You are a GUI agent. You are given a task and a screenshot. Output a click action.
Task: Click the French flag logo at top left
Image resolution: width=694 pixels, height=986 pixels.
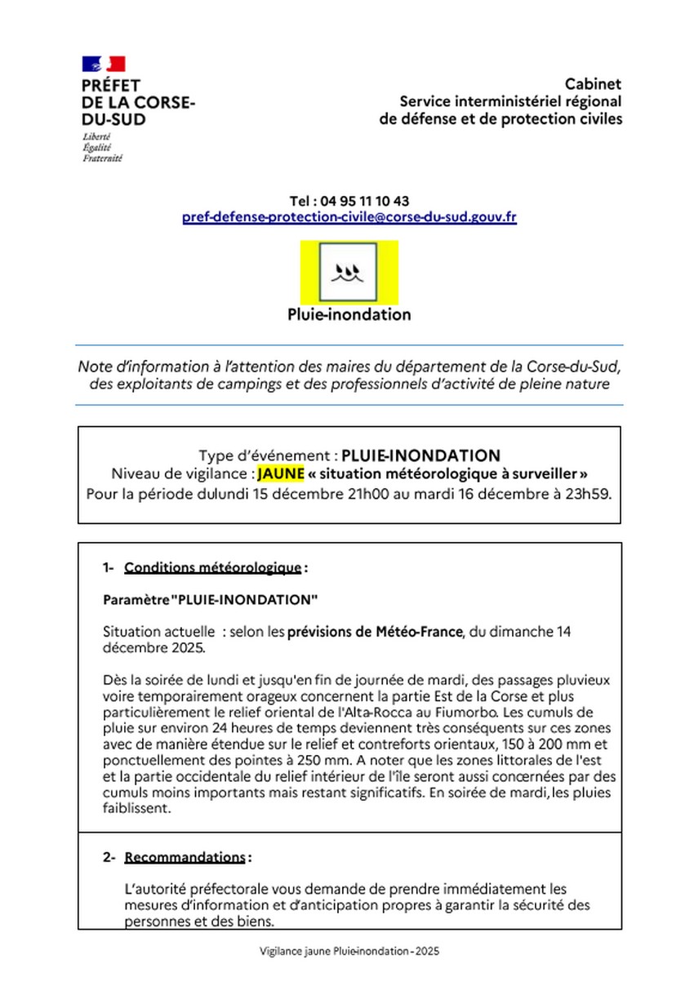click(x=103, y=64)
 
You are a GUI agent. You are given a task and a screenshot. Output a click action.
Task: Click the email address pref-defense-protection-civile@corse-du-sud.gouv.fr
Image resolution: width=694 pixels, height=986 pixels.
click(x=349, y=218)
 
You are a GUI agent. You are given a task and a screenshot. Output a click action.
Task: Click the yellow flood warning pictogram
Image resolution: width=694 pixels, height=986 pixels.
click(x=349, y=272)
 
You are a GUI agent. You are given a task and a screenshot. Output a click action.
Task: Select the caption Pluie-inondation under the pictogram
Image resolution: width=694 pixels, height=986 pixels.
click(x=349, y=314)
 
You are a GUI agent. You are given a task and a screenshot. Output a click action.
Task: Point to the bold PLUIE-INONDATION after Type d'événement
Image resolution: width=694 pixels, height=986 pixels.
click(x=420, y=455)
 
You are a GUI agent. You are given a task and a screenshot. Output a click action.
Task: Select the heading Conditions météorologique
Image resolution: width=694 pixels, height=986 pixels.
click(x=213, y=568)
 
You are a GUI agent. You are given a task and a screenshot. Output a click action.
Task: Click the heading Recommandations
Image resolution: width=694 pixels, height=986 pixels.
click(x=185, y=857)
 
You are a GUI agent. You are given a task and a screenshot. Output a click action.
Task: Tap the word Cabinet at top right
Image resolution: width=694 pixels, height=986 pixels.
click(x=593, y=84)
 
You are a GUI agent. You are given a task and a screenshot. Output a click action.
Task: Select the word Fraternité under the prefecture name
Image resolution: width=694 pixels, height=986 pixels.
click(x=103, y=158)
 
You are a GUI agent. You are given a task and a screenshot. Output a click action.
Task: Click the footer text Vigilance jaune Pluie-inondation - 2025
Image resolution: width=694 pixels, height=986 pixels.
click(x=349, y=951)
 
